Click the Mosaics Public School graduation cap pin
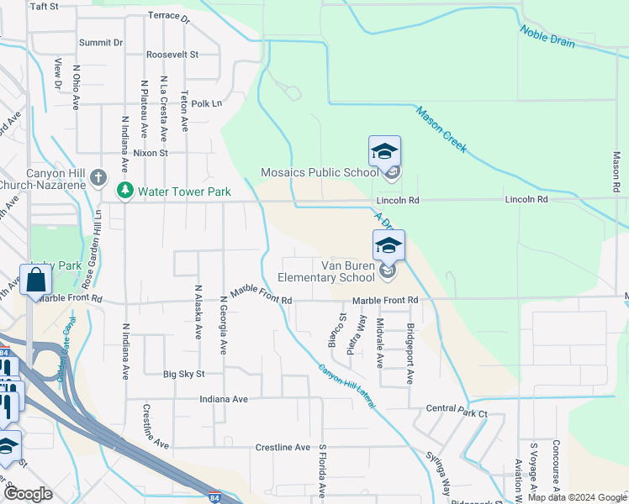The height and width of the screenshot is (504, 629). tap(384, 153)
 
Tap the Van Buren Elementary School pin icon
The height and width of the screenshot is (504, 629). tap(388, 247)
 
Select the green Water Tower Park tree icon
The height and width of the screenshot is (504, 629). tap(125, 192)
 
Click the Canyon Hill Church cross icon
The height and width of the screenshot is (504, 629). tap(99, 177)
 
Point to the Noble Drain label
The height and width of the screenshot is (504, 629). tap(547, 36)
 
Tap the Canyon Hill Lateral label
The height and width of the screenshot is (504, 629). tap(347, 386)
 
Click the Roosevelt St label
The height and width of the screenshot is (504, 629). tap(172, 54)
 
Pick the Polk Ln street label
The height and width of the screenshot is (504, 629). tap(206, 103)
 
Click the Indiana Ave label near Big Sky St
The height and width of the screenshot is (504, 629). tap(224, 399)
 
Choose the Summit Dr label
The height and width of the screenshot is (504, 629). tap(101, 42)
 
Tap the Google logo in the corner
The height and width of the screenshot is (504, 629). tap(28, 494)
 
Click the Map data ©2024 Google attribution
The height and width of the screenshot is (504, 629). tap(576, 497)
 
